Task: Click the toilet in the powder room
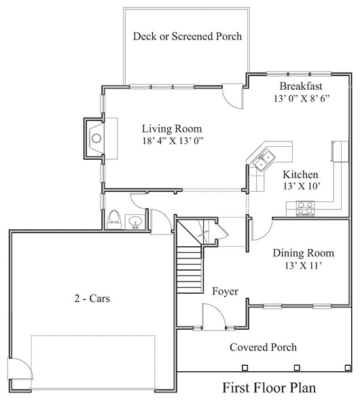click(114, 220)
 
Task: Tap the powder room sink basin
click(135, 222)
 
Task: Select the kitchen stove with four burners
click(305, 209)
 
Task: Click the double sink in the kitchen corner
click(264, 160)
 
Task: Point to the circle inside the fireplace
click(96, 138)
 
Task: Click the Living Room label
click(172, 129)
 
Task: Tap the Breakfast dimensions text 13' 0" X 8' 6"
click(302, 99)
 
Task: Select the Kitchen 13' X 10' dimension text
click(302, 186)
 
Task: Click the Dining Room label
click(304, 253)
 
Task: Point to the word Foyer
click(225, 292)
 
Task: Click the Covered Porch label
click(263, 347)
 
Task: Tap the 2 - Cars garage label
click(92, 299)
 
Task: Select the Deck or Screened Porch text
click(187, 36)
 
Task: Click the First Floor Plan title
click(269, 388)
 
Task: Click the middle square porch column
click(297, 368)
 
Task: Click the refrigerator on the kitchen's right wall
click(340, 152)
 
